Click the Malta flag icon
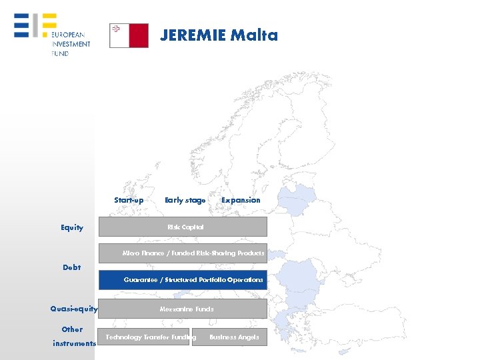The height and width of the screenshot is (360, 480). tap(129, 36)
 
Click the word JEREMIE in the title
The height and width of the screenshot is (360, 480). tap(193, 35)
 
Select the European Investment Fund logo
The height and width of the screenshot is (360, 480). tap(52, 35)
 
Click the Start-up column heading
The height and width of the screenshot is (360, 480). tap(129, 200)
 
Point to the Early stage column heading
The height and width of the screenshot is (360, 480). tap(185, 200)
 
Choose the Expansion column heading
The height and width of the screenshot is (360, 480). tap(241, 200)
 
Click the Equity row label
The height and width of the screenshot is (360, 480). tap(72, 228)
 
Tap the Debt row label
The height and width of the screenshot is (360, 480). tap(71, 267)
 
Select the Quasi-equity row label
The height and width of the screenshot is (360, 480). tap(74, 309)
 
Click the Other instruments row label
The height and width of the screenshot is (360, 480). tap(73, 336)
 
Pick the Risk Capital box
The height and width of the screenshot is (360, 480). tap(183, 227)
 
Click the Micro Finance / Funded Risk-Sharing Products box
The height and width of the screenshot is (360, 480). tap(183, 253)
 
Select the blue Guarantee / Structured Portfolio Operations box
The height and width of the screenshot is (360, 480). tap(183, 280)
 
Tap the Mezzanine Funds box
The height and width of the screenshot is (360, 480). tap(183, 309)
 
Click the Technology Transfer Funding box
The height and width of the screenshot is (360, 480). tap(144, 337)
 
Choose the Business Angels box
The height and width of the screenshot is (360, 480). tap(229, 337)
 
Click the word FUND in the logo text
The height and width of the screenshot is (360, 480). tap(60, 53)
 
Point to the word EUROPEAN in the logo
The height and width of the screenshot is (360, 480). tap(67, 35)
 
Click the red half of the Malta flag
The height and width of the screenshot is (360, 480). tap(139, 36)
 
